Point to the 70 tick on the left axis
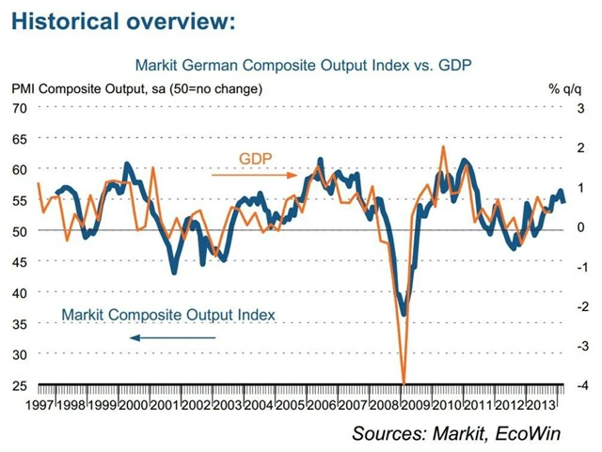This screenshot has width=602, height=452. tap(18, 107)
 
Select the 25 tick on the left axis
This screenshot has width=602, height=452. tap(18, 384)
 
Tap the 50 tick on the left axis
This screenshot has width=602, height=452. tap(18, 230)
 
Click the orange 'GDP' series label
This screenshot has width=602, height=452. tap(254, 159)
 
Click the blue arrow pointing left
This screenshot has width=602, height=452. tap(173, 336)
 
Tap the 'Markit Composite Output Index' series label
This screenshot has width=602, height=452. tap(168, 315)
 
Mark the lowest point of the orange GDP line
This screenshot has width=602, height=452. tap(404, 382)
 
